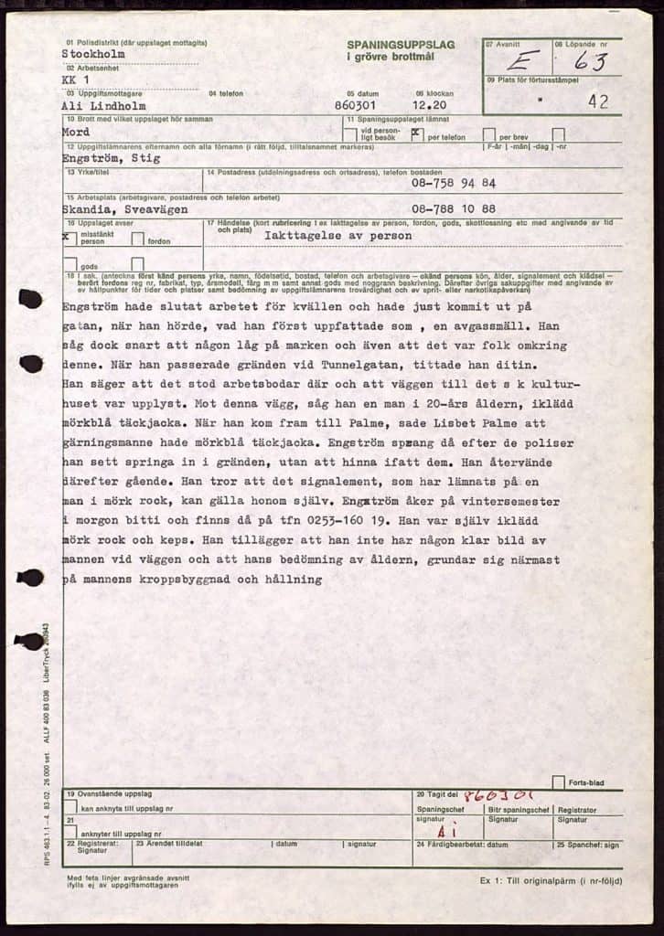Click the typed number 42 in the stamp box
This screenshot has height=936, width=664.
[598, 101]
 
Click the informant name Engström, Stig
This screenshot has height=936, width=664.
[110, 158]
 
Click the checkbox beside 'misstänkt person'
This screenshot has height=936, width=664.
[69, 236]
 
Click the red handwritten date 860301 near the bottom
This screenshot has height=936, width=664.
[499, 795]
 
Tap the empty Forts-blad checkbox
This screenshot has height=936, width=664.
[558, 782]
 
